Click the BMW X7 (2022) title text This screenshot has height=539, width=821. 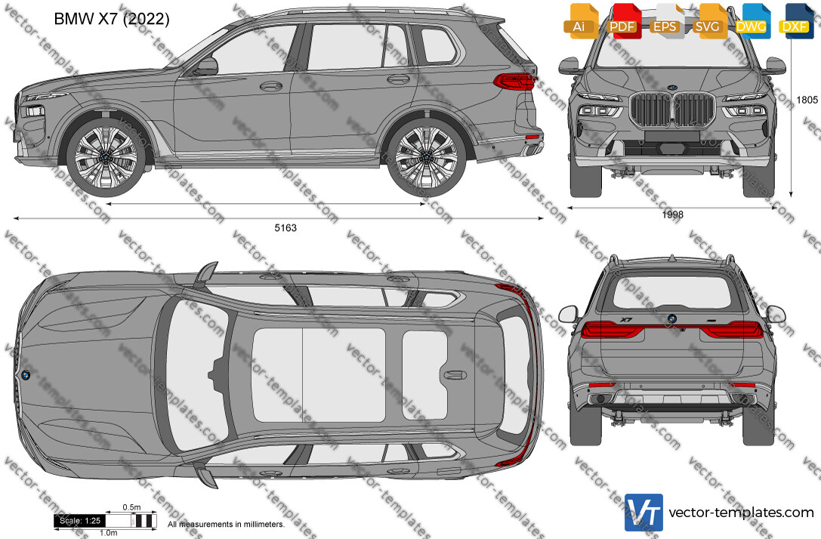112,19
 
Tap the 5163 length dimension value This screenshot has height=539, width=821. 285,228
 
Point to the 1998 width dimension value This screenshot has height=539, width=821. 672,214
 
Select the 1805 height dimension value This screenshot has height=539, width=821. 807,100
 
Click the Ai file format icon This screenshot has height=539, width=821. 580,21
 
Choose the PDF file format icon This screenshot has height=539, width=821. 622,21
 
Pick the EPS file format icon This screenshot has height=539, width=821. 665,21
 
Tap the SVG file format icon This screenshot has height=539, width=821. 708,21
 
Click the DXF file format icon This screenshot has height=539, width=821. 796,21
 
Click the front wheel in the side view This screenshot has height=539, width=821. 106,156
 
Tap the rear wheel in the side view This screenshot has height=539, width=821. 426,157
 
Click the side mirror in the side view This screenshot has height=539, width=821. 206,66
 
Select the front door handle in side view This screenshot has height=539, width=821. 270,86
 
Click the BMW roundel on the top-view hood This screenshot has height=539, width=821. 25,374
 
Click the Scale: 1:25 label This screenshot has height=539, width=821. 80,521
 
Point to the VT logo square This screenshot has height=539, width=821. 644,513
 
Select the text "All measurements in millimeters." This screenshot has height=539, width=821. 226,525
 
